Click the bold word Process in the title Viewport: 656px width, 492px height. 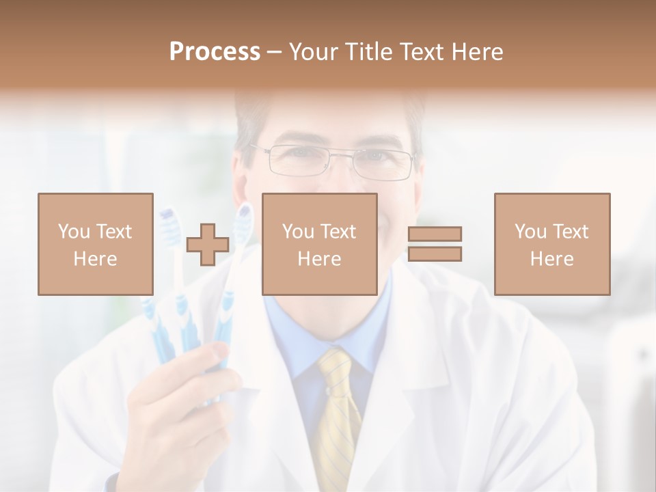tap(215, 52)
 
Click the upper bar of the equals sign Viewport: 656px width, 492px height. tap(435, 234)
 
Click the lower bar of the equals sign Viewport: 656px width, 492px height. tap(435, 254)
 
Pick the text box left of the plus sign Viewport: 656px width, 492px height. tap(96, 244)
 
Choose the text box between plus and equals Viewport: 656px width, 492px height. tap(320, 244)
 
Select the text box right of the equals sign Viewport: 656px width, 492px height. tap(552, 244)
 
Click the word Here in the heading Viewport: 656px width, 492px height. tap(478, 52)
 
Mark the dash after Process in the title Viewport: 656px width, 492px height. tap(274, 52)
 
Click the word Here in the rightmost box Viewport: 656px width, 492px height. tap(552, 258)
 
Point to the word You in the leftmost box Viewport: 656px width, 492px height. tap(74, 231)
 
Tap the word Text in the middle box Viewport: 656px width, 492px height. tap(339, 231)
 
